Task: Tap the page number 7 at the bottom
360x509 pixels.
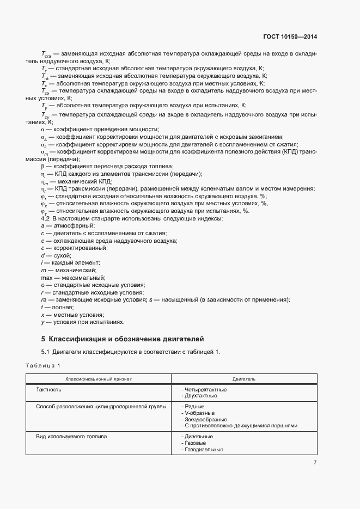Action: [x=315, y=463]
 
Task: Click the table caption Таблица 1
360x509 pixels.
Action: [x=44, y=365]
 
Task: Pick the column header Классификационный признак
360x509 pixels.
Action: [x=99, y=378]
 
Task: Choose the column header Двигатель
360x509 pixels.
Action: [x=244, y=378]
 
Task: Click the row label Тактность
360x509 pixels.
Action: [x=48, y=390]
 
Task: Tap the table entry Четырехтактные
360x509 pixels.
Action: [x=205, y=390]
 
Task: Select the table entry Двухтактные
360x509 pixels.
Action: [x=202, y=396]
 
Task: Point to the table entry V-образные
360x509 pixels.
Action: [x=200, y=413]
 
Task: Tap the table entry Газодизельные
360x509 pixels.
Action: [x=204, y=450]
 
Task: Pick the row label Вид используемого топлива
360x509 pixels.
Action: [x=71, y=437]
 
